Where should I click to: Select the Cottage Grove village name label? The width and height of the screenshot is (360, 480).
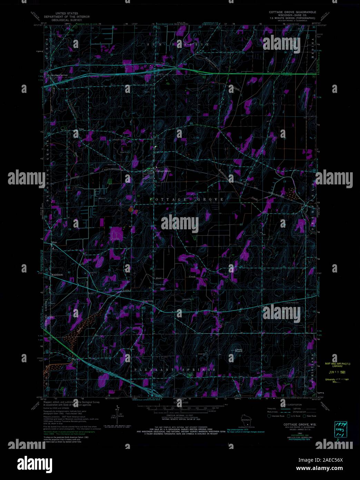[x=163, y=171]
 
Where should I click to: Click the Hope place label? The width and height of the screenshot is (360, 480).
[x=54, y=243]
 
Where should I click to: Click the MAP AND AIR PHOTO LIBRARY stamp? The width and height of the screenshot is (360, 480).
[x=337, y=365]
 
